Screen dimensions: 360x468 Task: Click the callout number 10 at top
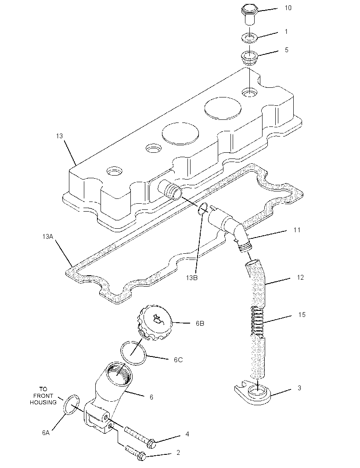(x=288, y=8)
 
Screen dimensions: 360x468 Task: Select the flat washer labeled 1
(x=249, y=38)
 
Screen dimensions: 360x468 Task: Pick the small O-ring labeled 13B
(x=203, y=209)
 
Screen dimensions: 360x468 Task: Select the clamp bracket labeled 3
(x=252, y=393)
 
